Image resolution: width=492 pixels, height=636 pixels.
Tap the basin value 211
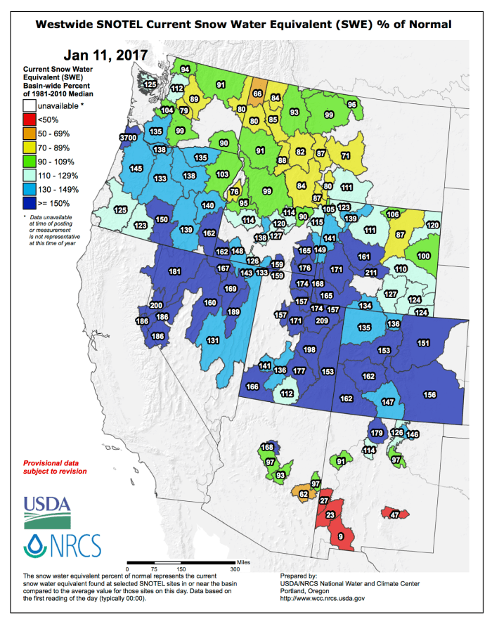[x=371, y=273]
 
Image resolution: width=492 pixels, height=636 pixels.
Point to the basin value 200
[x=156, y=306]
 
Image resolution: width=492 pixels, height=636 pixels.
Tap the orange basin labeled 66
[x=258, y=93]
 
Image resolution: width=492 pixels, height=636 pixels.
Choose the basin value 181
[x=174, y=271]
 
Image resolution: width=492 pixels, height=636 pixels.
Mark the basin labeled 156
[x=430, y=394]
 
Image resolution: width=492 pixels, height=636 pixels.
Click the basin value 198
[x=309, y=349]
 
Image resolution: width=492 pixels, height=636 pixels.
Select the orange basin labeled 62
[x=303, y=494]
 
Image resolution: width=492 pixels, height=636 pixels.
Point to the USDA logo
[x=48, y=512]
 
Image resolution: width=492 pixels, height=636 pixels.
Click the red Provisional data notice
[x=56, y=467]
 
